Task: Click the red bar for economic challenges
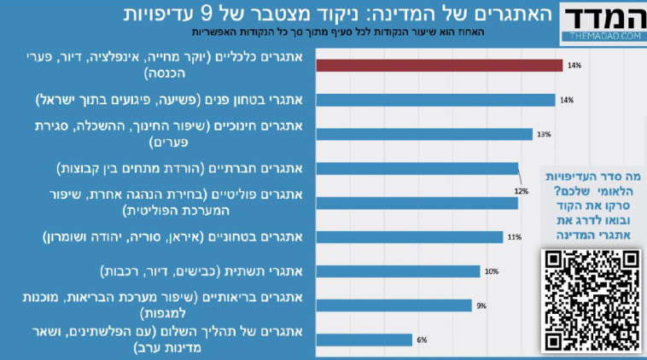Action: [439, 66]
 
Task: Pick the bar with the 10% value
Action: [398, 271]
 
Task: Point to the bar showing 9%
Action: [393, 305]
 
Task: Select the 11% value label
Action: [514, 237]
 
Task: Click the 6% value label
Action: [421, 340]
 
